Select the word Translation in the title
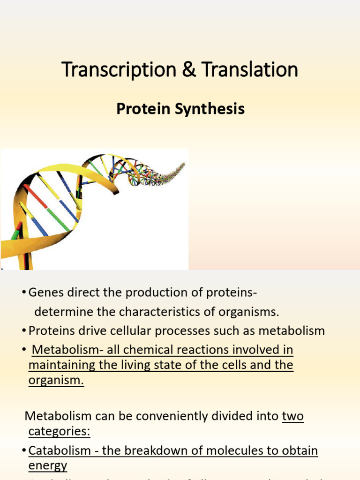pos(250,70)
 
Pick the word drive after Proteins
pos(86,331)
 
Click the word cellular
pos(127,331)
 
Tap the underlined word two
pos(293,416)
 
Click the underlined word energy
pos(48,466)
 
